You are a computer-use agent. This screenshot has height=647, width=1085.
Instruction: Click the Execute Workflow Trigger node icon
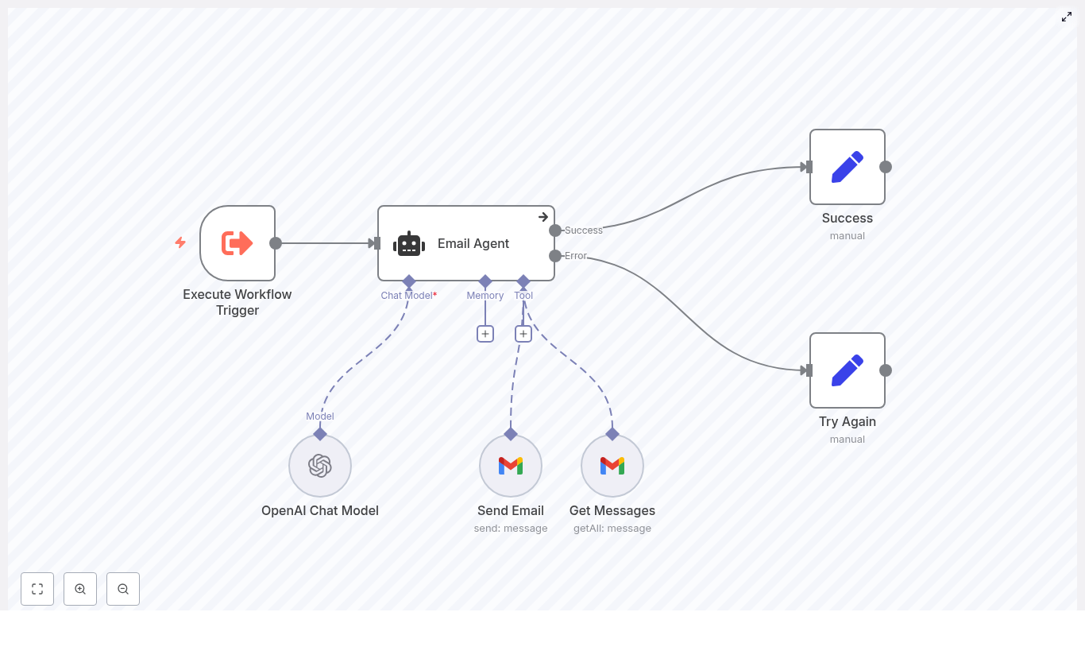[237, 243]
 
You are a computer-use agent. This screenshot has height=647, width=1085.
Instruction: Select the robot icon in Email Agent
[409, 244]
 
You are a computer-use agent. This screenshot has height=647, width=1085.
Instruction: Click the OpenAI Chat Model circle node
[320, 466]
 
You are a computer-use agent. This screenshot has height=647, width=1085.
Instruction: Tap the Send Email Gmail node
[511, 466]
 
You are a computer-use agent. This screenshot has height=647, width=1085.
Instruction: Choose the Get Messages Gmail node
[612, 466]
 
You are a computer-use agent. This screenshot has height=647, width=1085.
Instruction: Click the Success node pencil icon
[847, 167]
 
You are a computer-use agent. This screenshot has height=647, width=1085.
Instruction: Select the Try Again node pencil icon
[847, 370]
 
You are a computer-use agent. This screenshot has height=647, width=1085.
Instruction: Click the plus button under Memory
[485, 334]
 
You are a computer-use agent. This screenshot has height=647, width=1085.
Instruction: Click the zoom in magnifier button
[80, 589]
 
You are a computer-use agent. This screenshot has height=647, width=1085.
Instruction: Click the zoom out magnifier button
[123, 589]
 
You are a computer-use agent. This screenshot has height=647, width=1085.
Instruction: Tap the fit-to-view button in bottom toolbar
[37, 589]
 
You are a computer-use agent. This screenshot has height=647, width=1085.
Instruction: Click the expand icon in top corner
[1067, 17]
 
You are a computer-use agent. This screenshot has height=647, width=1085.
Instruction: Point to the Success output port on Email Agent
[555, 231]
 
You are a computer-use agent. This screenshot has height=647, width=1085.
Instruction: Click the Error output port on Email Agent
[555, 256]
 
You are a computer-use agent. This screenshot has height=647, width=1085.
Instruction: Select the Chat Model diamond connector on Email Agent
[409, 281]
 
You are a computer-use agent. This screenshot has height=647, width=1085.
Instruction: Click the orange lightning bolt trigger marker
[180, 242]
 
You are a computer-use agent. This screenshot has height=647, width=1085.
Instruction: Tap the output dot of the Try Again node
[886, 370]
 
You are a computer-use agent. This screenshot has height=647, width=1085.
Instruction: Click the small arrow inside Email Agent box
[543, 217]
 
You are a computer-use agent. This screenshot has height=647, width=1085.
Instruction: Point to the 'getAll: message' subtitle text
[612, 529]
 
